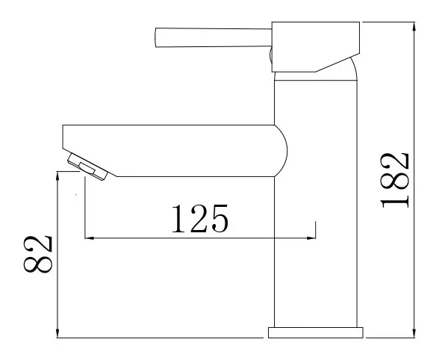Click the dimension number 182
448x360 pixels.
pyautogui.click(x=394, y=180)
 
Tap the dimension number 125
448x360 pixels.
pyautogui.click(x=200, y=218)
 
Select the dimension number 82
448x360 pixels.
pyautogui.click(x=38, y=254)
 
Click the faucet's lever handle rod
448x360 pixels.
pyautogui.click(x=213, y=37)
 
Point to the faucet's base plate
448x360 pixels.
pyautogui.click(x=316, y=332)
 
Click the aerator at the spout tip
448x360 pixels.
pyautogui.click(x=87, y=167)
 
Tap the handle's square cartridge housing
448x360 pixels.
pyautogui.click(x=315, y=46)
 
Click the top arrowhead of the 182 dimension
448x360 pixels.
pyautogui.click(x=414, y=26)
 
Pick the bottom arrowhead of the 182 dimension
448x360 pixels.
pyautogui.click(x=414, y=333)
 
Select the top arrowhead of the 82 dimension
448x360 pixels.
pyautogui.click(x=57, y=176)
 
